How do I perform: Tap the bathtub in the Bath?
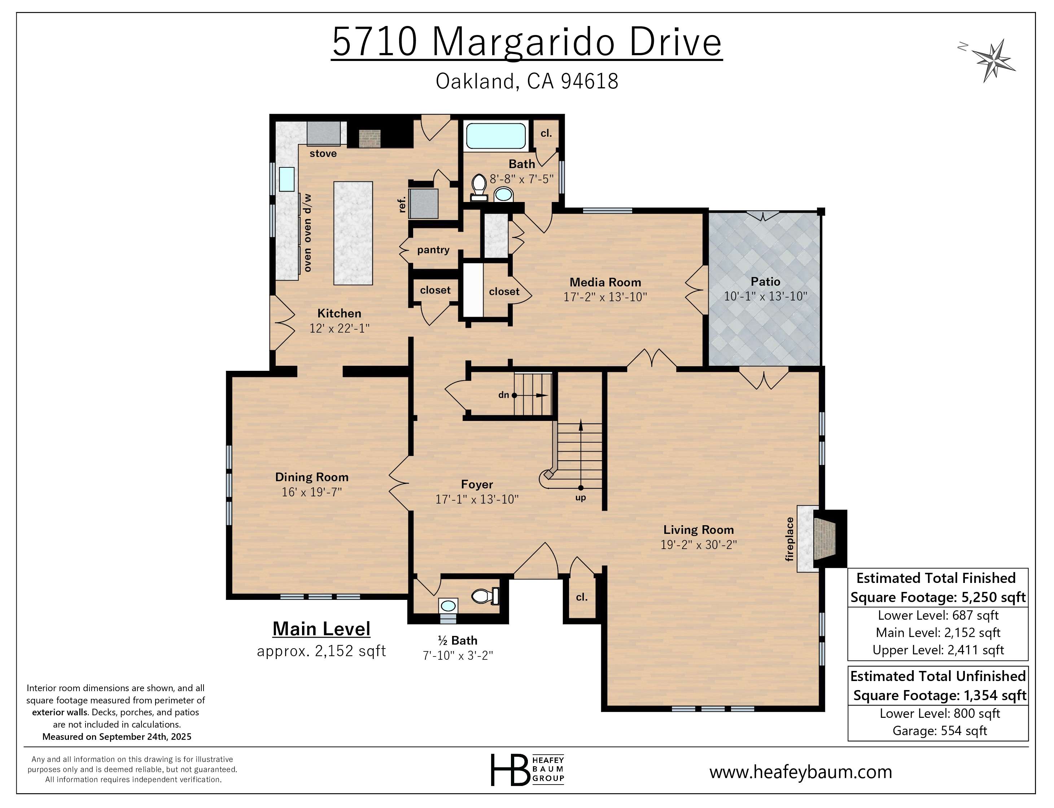click(495, 136)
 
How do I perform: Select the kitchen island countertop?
click(353, 233)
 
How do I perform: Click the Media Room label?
click(605, 282)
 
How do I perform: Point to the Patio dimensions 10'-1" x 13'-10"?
click(765, 296)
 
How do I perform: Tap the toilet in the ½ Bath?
click(484, 596)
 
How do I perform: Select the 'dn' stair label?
click(503, 395)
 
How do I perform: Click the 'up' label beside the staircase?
click(580, 498)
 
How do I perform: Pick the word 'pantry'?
click(433, 250)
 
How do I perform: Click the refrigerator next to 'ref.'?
click(423, 203)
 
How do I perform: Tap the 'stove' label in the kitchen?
click(323, 153)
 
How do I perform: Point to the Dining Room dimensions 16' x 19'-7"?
click(311, 492)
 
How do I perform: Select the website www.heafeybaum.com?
click(800, 772)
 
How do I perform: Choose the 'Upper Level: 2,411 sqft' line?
click(938, 650)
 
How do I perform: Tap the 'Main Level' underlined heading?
click(322, 629)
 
